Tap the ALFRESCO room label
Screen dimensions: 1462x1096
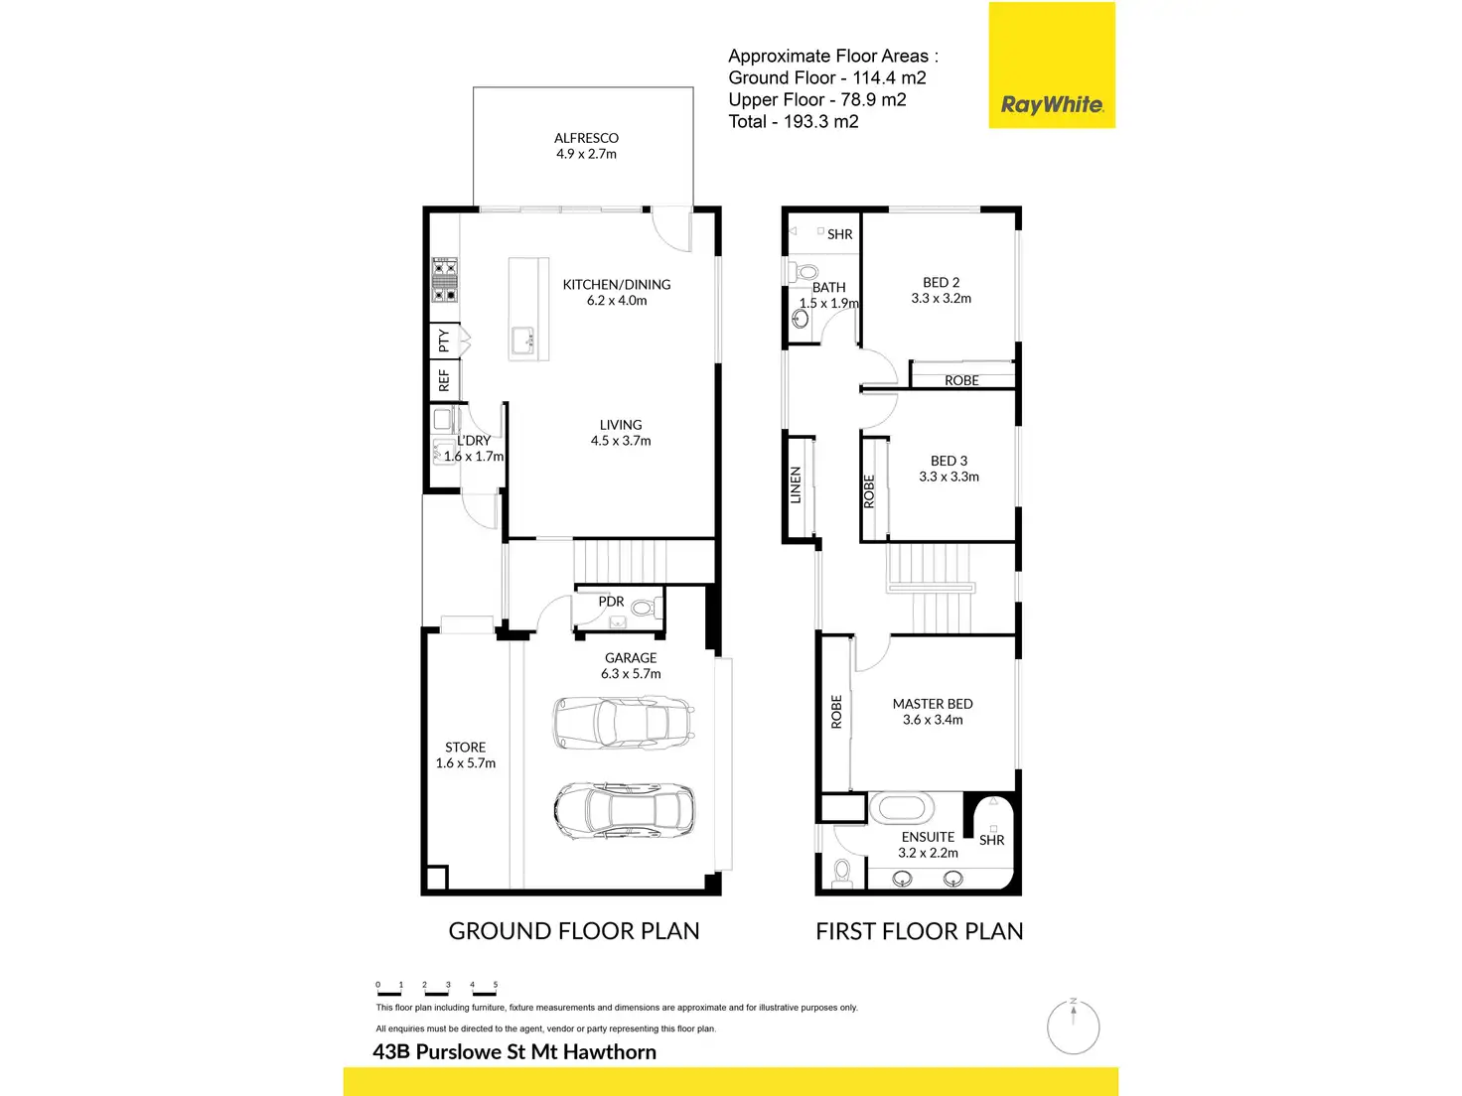pyautogui.click(x=586, y=138)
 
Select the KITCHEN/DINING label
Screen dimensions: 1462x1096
pyautogui.click(x=617, y=285)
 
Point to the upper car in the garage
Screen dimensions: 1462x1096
pyautogui.click(x=624, y=722)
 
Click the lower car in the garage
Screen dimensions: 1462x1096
pyautogui.click(x=624, y=809)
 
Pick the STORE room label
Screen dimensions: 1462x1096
pyautogui.click(x=465, y=748)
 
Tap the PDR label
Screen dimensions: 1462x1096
pyautogui.click(x=611, y=602)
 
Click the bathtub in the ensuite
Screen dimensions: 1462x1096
pyautogui.click(x=902, y=808)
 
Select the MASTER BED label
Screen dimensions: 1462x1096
pyautogui.click(x=933, y=704)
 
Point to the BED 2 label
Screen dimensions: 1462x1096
pyautogui.click(x=941, y=283)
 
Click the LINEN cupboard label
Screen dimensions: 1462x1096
pyautogui.click(x=796, y=485)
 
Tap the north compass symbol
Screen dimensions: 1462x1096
pyautogui.click(x=1074, y=1026)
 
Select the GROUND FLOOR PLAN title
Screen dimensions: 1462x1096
pyautogui.click(x=574, y=931)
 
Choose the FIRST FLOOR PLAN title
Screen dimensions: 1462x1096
pyautogui.click(x=919, y=931)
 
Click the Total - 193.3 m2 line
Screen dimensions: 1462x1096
pyautogui.click(x=793, y=122)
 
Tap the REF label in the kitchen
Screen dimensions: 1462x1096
pyautogui.click(x=444, y=380)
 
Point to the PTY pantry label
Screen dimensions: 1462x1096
pyautogui.click(x=444, y=342)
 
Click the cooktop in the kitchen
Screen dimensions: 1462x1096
pyautogui.click(x=444, y=280)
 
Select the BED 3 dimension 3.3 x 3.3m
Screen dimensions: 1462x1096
pyautogui.click(x=949, y=478)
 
